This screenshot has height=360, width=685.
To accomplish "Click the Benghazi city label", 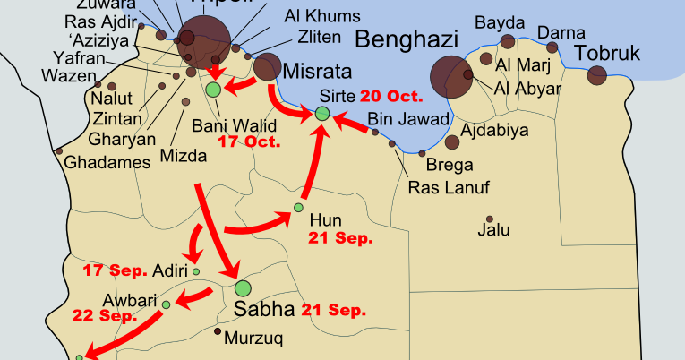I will [407, 39].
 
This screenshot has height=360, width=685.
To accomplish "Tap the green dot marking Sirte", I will [322, 113].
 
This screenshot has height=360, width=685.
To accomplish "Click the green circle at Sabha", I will [243, 288].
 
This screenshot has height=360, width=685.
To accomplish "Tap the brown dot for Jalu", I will [490, 219].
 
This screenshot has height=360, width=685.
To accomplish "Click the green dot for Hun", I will [298, 208].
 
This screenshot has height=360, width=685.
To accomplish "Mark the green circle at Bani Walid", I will [213, 90].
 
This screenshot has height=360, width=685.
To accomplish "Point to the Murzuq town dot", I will [218, 331].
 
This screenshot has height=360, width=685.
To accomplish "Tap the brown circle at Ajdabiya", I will [453, 141].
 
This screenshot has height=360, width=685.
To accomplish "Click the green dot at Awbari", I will [167, 304].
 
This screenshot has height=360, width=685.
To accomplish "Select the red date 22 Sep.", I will [106, 315].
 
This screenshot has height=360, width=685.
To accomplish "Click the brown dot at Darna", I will [552, 47].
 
